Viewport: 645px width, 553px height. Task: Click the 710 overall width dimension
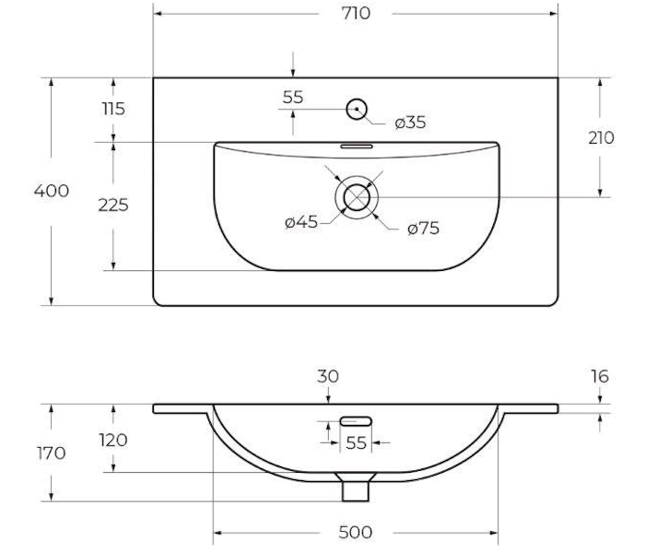point(356,14)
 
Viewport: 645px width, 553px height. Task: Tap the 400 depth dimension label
point(52,191)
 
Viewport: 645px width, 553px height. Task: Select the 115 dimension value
point(113,109)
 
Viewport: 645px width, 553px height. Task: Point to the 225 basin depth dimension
point(113,205)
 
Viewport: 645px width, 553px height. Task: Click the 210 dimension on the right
point(601,138)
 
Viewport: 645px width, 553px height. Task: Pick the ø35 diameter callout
point(410,123)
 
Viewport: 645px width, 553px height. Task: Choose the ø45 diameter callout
point(301,222)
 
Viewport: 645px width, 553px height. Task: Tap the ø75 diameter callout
point(423,228)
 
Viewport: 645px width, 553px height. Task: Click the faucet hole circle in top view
point(357,109)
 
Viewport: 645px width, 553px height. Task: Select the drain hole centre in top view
point(357,197)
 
